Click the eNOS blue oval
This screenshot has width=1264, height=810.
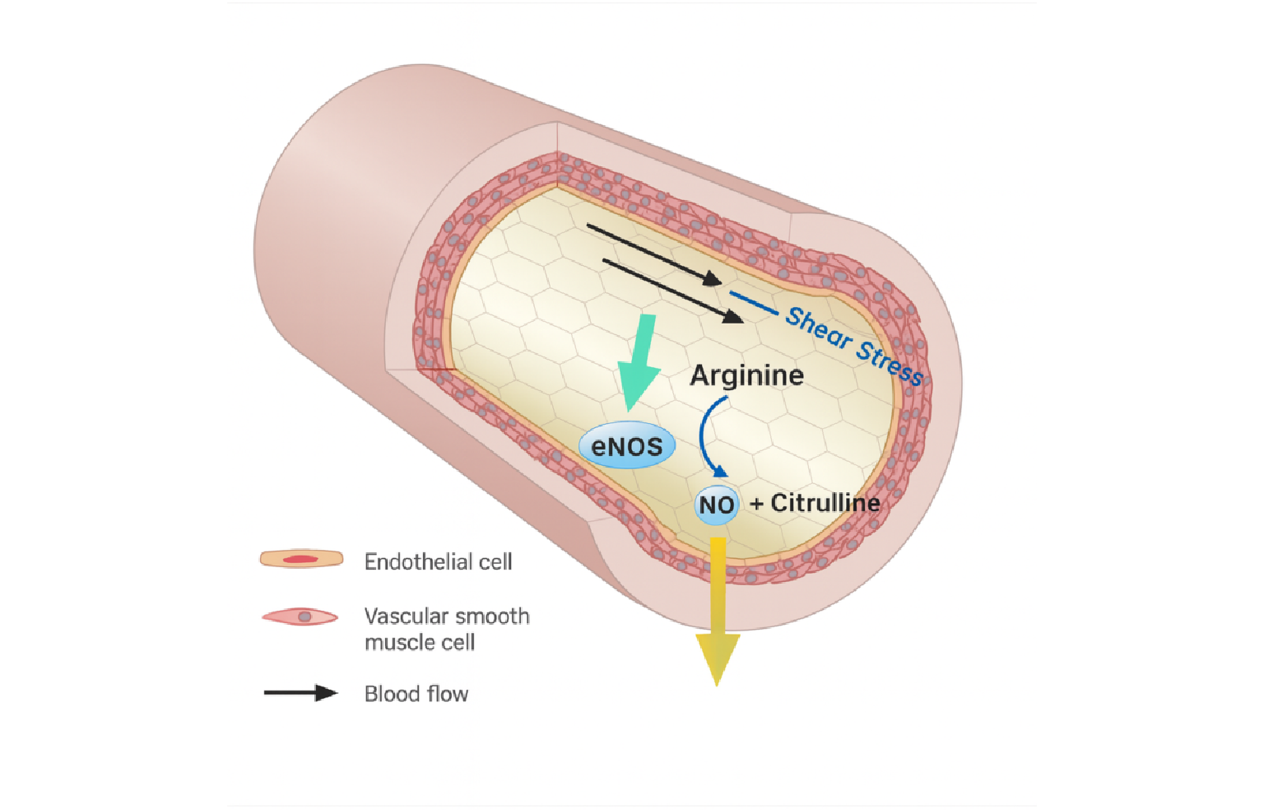tap(627, 446)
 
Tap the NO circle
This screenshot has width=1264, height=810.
tap(716, 505)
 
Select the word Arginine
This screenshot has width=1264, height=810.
tap(746, 375)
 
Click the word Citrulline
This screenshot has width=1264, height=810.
tap(825, 503)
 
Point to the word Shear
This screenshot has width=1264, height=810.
tap(818, 327)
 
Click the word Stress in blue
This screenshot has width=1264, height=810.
tap(890, 362)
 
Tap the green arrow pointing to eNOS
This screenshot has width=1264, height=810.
tap(640, 362)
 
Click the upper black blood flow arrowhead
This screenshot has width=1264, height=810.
tap(713, 279)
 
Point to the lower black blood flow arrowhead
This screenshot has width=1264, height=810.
tap(733, 316)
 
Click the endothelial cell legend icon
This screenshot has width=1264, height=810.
tap(301, 559)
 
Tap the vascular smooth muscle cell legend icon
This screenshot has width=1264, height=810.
tap(300, 617)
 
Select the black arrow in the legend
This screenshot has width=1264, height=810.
tap(300, 693)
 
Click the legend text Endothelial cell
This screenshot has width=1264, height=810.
tap(438, 562)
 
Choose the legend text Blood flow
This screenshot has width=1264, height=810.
tap(416, 694)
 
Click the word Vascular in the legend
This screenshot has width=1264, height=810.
tap(402, 617)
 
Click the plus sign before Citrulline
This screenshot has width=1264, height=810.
tap(756, 504)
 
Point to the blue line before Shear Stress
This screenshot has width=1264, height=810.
tap(754, 303)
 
